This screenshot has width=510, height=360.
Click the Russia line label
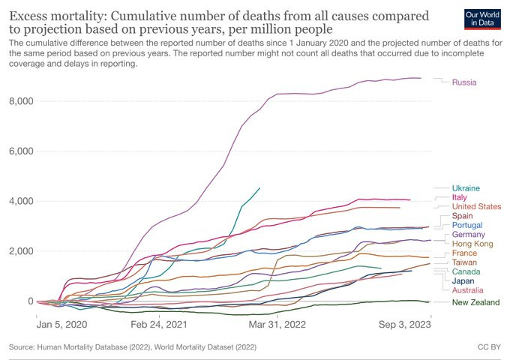[464, 82]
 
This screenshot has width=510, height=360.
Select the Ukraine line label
[466, 188]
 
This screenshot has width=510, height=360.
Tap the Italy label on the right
[460, 197]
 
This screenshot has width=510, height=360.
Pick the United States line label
[477, 206]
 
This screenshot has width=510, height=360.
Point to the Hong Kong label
[472, 244]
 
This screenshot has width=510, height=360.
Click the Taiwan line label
[464, 263]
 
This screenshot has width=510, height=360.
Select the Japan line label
[463, 281]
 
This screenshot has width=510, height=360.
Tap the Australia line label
[468, 290]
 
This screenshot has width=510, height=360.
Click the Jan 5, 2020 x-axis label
[61, 325]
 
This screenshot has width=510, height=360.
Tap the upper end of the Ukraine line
[259, 188]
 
